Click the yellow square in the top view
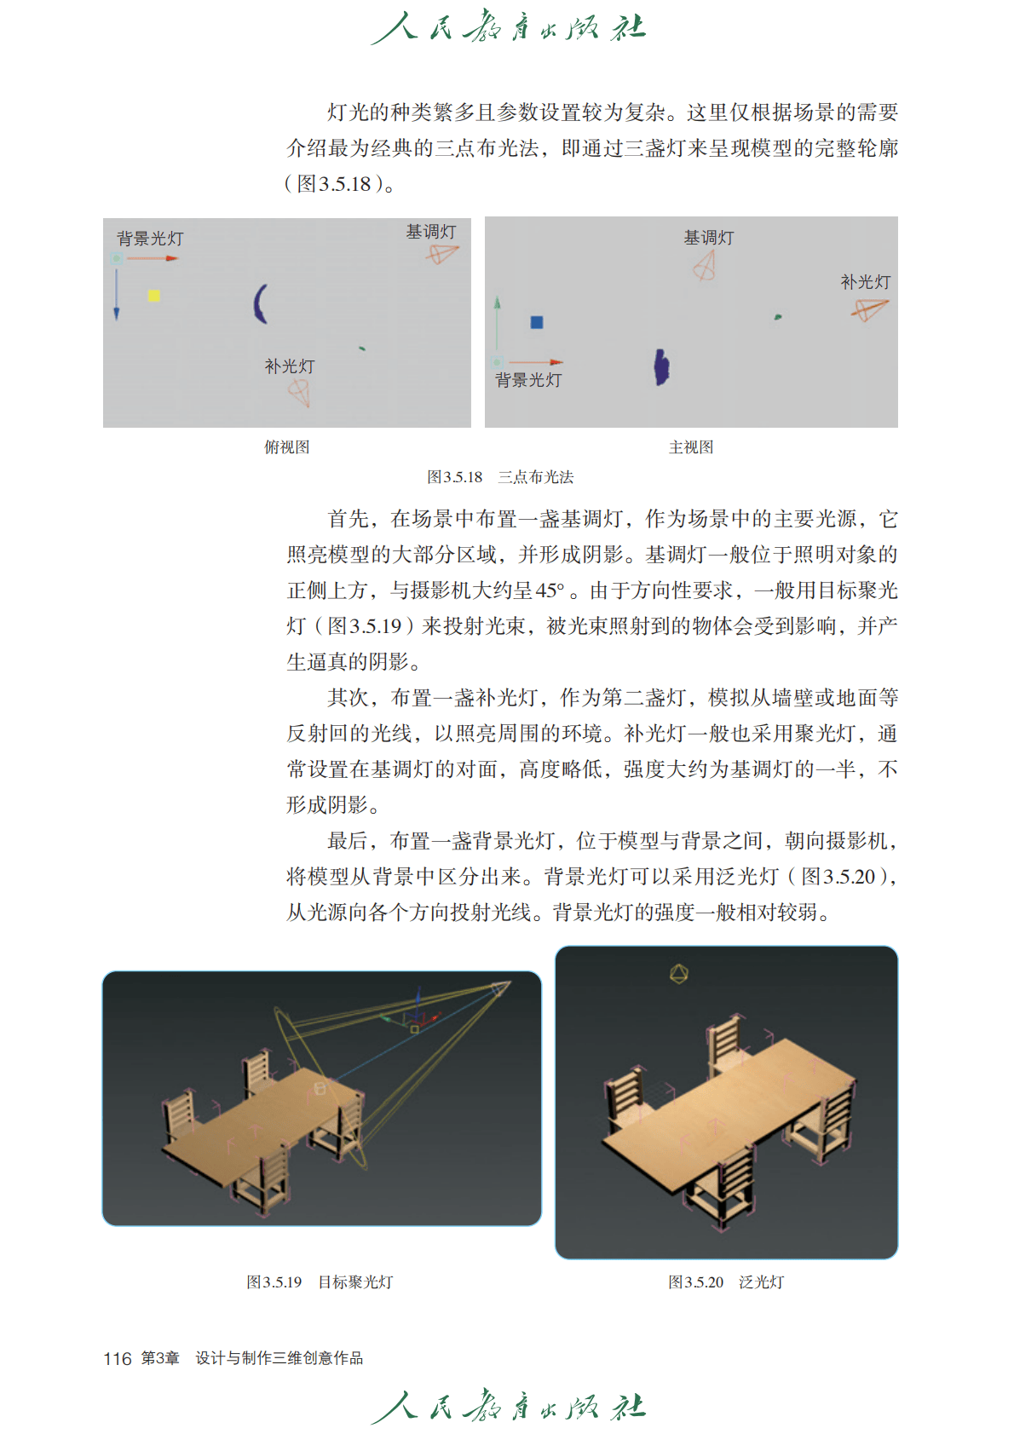(x=153, y=296)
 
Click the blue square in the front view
(x=537, y=322)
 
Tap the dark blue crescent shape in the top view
(x=260, y=303)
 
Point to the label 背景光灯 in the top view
(x=150, y=239)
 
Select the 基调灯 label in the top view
(x=431, y=232)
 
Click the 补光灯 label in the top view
(x=290, y=366)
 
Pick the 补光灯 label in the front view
(x=866, y=282)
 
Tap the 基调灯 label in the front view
(x=709, y=238)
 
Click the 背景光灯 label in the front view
(x=528, y=380)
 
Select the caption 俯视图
(x=287, y=446)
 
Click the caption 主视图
(x=691, y=446)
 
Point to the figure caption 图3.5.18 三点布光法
(x=500, y=477)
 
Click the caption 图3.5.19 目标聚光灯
(x=320, y=1282)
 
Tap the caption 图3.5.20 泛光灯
(x=726, y=1282)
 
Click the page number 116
(x=117, y=1358)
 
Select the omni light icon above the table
(x=678, y=975)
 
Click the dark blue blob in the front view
(x=661, y=367)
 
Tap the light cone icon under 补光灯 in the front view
(x=869, y=310)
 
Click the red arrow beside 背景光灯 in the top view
(x=153, y=259)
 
